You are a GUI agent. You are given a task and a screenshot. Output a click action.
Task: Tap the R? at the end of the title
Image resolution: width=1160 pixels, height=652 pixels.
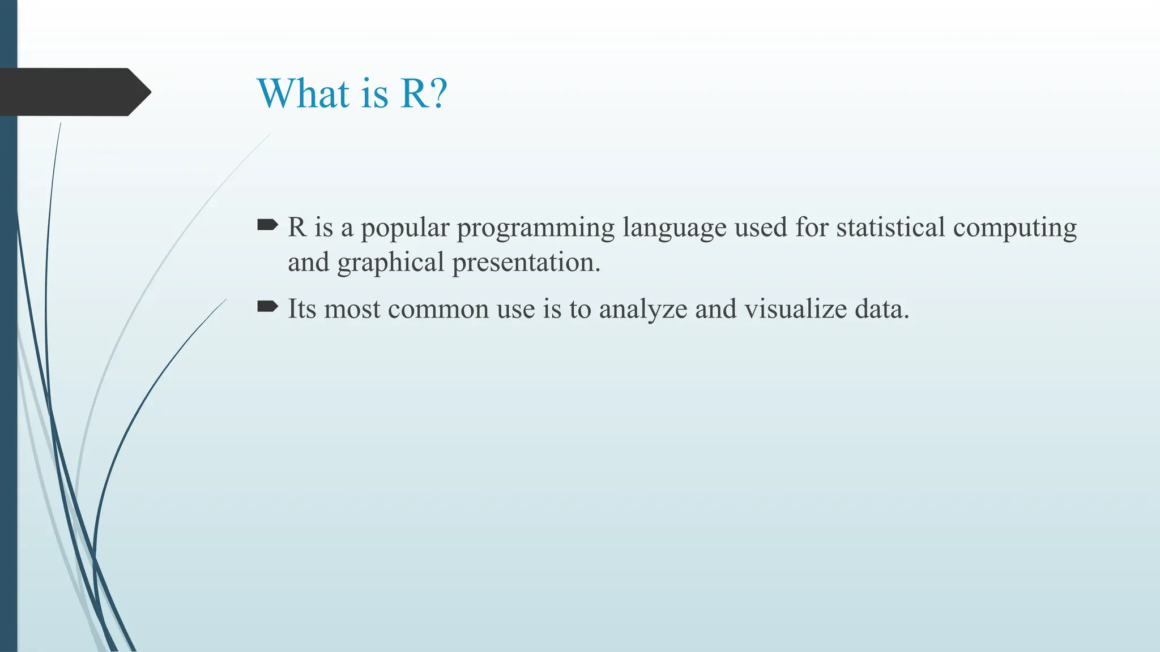click(424, 93)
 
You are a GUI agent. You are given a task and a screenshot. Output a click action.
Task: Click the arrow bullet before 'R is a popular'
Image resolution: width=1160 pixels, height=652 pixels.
click(267, 226)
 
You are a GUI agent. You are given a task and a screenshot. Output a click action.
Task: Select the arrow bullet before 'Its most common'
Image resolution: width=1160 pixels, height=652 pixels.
click(267, 307)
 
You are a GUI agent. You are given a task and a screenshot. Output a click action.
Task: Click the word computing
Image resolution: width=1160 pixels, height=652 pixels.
click(1014, 229)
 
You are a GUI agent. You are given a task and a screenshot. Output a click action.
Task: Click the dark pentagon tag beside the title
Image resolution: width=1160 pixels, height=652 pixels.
click(74, 92)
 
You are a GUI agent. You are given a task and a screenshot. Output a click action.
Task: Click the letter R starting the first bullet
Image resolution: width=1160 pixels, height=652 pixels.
click(297, 228)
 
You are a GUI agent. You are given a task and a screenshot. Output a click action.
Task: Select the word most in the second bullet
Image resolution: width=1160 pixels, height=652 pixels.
click(352, 310)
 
